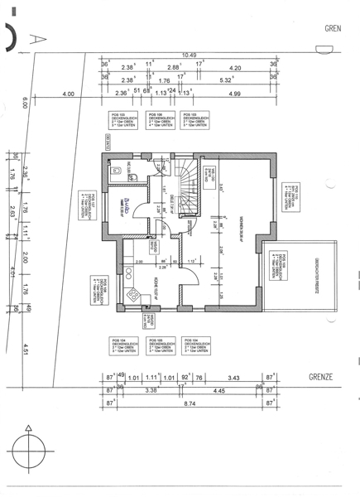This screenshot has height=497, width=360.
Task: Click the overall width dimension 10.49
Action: click(190, 55)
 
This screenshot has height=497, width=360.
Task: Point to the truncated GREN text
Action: click(333, 27)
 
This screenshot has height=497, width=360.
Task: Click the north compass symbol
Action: click(31, 455)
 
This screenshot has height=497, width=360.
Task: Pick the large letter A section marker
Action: click(36, 36)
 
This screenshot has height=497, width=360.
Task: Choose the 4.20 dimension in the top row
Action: click(235, 68)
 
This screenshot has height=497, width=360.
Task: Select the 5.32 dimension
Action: click(225, 81)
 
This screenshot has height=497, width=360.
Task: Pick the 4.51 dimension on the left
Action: click(26, 347)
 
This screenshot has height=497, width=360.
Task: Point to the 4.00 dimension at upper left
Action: click(68, 94)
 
